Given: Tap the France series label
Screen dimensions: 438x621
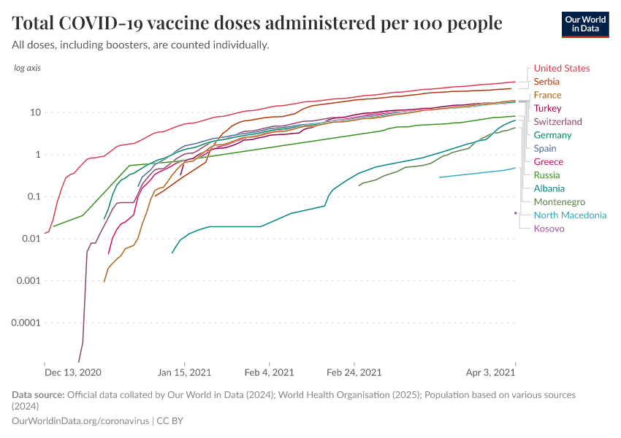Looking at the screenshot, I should pyautogui.click(x=547, y=95).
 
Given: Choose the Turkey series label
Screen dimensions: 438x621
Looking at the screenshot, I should pyautogui.click(x=547, y=109).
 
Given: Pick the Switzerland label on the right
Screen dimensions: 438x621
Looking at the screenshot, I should pyautogui.click(x=557, y=122).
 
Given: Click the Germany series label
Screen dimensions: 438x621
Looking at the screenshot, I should pyautogui.click(x=552, y=135).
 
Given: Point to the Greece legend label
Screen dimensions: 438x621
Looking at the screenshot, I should pyautogui.click(x=548, y=162).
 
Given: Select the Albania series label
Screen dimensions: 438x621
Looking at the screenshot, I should pyautogui.click(x=549, y=188).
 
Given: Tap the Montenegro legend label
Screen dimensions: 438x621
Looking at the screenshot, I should pyautogui.click(x=559, y=202).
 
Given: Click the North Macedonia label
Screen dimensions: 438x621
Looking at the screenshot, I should pyautogui.click(x=570, y=215).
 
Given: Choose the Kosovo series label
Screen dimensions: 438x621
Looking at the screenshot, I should pyautogui.click(x=549, y=228).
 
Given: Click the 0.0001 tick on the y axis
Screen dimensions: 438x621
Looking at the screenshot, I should pyautogui.click(x=26, y=323).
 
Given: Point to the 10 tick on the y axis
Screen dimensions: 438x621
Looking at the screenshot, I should pyautogui.click(x=35, y=112).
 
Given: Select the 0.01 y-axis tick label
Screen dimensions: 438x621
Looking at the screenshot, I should pyautogui.click(x=31, y=239).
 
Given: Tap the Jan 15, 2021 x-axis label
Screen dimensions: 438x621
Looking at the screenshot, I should pyautogui.click(x=185, y=372).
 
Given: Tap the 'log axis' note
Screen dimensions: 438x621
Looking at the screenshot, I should pyautogui.click(x=28, y=68).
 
